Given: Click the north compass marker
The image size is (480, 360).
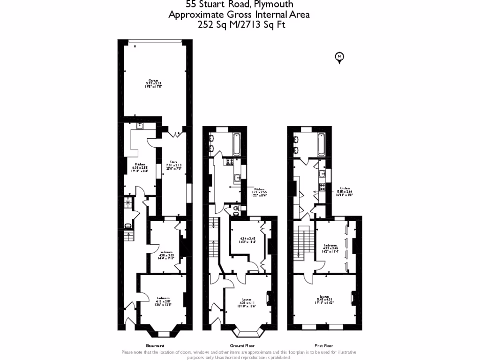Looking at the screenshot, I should (x=339, y=57).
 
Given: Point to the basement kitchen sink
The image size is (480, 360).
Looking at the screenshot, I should (x=139, y=126).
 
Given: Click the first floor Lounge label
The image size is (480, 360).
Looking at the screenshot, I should (x=324, y=299).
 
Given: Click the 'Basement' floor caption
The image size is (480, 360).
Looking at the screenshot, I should (x=155, y=345).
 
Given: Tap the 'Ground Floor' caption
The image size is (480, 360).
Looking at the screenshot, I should (x=241, y=345).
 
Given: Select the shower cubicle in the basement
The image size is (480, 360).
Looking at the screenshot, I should (x=127, y=202).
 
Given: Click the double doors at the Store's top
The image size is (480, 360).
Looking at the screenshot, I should (x=177, y=135).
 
